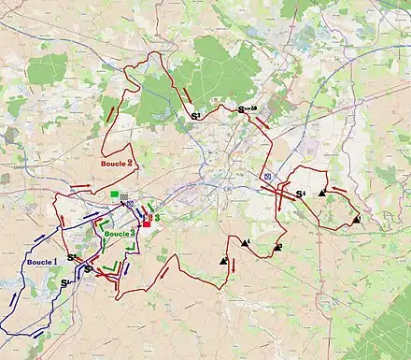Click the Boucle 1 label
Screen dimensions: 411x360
point(40,262)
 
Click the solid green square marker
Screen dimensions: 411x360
point(114,195)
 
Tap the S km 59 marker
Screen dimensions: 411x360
point(248,111)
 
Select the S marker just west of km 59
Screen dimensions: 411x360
point(195,115)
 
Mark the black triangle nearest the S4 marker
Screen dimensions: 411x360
point(322,193)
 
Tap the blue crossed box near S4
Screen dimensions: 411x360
point(267,175)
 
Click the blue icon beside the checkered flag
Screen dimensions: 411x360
point(132,204)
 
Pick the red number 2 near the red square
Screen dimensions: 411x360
point(149,217)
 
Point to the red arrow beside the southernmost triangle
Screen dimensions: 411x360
point(233,265)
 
